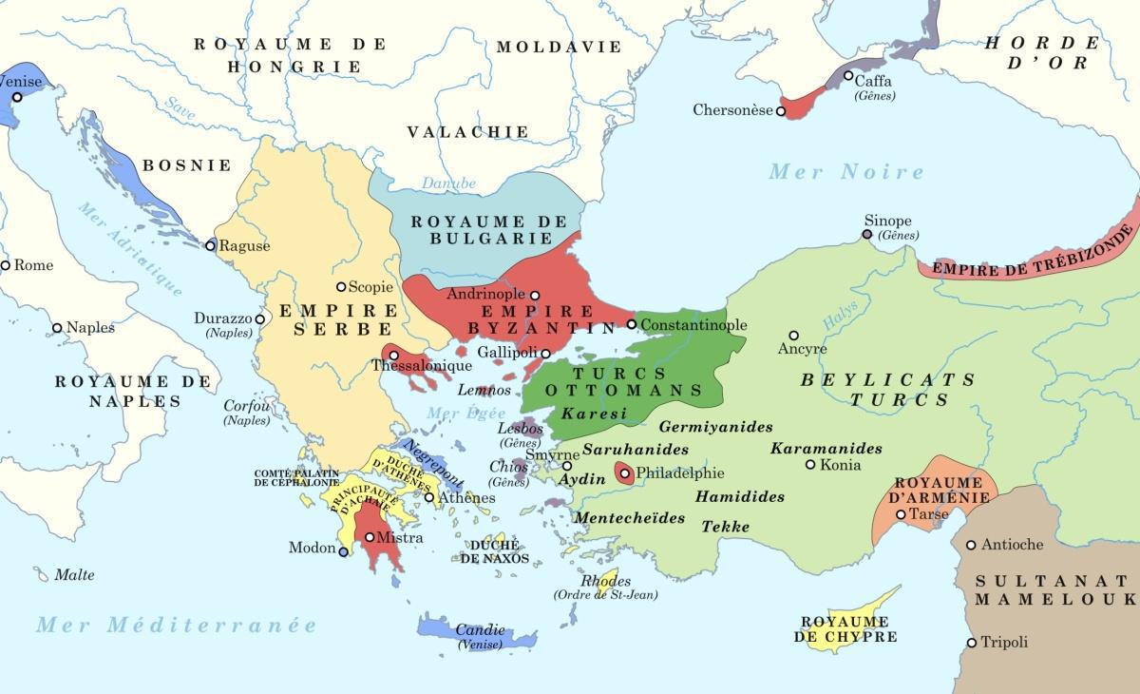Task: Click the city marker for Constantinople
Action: point(631,324)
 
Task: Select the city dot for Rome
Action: point(6,265)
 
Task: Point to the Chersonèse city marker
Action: point(781,111)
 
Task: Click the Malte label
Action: point(74,575)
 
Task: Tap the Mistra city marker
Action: point(370,538)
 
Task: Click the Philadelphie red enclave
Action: point(625,472)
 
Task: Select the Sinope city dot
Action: point(866,234)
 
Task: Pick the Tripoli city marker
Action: point(971,643)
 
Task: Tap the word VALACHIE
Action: point(467,132)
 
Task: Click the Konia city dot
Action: point(810,465)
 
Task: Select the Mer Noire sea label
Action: point(845,172)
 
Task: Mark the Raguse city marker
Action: point(210,245)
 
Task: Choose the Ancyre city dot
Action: point(793,336)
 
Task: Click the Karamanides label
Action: point(826,449)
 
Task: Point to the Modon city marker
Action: point(344,549)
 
